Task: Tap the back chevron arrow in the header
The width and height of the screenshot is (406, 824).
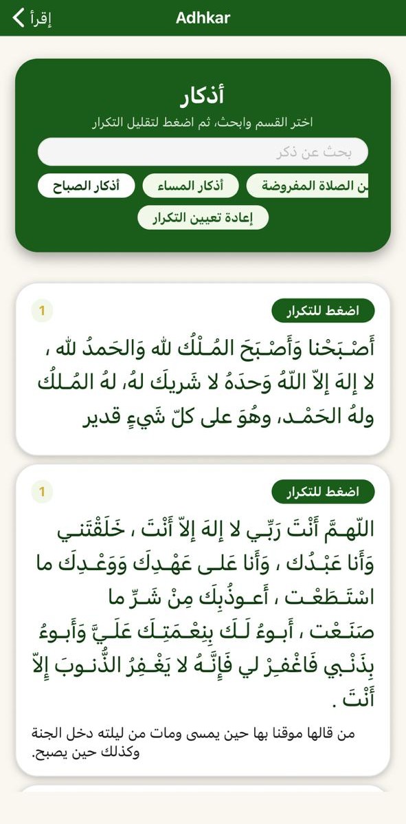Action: [x=19, y=18]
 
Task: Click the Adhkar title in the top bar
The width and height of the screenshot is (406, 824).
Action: [x=203, y=18]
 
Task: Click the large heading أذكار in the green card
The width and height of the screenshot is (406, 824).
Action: [x=203, y=97]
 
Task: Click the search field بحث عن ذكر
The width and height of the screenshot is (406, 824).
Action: [x=203, y=152]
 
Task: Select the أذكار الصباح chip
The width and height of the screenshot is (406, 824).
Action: [x=87, y=186]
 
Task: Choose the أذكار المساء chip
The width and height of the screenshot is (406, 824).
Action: [x=192, y=186]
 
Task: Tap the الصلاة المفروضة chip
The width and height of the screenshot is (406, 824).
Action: [x=308, y=186]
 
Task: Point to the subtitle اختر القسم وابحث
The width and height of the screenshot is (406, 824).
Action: [x=203, y=122]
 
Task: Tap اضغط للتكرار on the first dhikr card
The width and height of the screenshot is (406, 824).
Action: [x=323, y=311]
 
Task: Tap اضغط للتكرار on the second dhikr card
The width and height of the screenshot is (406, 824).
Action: [x=323, y=492]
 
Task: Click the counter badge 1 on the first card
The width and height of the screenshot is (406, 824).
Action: [x=41, y=311]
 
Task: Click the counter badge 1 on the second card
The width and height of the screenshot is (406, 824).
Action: [x=41, y=492]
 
